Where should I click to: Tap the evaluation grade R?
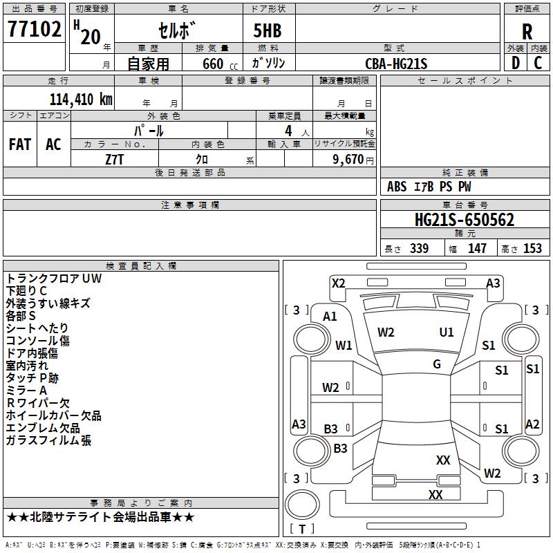coord(527,32)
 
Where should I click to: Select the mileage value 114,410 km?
coord(81,99)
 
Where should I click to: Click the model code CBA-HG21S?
coord(396,64)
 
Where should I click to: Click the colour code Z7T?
coord(115,158)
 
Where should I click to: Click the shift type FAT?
coord(20,144)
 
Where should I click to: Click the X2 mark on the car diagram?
coord(339,283)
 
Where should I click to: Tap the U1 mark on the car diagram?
coord(447,332)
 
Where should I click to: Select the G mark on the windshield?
coord(437,364)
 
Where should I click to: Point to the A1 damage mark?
coord(330,317)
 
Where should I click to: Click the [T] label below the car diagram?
coord(302,529)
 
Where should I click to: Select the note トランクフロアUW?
coord(54,279)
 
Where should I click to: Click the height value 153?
coord(532,249)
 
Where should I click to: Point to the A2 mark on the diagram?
coord(532,424)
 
